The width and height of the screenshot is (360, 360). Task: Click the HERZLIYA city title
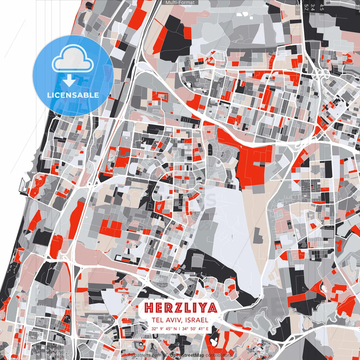click(x=181, y=308)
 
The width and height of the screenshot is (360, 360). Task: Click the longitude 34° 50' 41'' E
click(x=195, y=328)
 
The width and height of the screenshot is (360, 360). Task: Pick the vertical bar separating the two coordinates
click(x=179, y=328)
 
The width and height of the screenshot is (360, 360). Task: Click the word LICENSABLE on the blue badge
click(x=73, y=95)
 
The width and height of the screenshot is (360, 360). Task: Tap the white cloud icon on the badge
click(x=73, y=60)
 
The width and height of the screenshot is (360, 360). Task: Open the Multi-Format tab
click(x=180, y=3)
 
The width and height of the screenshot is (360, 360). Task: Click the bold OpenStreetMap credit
click(x=187, y=355)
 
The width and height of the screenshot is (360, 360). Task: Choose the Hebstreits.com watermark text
click(x=145, y=355)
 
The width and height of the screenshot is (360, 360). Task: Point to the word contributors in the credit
click(x=219, y=355)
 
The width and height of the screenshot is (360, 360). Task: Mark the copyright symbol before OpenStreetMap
click(x=166, y=355)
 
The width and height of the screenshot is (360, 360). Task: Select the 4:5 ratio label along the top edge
click(x=321, y=7)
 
